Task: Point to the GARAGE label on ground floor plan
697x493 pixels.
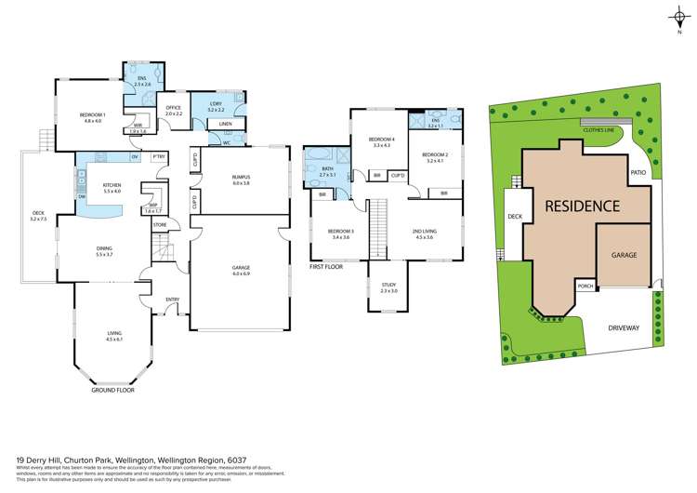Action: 242,267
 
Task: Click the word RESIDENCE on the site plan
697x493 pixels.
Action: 581,206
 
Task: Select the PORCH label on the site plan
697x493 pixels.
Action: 585,286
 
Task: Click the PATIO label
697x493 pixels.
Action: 638,173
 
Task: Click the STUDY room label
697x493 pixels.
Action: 388,286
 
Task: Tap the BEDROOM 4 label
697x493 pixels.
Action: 382,140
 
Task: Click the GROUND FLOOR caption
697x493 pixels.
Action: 113,391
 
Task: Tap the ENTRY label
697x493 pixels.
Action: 173,299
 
